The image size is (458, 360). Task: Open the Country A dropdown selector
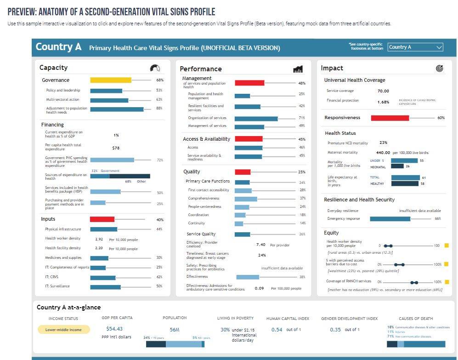pyautogui.click(x=415, y=47)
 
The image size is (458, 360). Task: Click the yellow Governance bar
pyautogui.click(x=110, y=80)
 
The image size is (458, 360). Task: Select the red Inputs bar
pyautogui.click(x=102, y=219)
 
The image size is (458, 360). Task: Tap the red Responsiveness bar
pyautogui.click(x=390, y=118)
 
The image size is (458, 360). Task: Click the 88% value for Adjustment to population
pyautogui.click(x=159, y=109)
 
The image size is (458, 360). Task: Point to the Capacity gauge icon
pyautogui.click(x=155, y=68)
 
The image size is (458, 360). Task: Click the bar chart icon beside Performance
pyautogui.click(x=298, y=69)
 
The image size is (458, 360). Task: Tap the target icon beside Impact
pyautogui.click(x=440, y=69)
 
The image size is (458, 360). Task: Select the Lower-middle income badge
pyautogui.click(x=64, y=330)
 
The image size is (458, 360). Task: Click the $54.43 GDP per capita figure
pyautogui.click(x=114, y=329)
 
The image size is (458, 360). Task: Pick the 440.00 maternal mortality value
pyautogui.click(x=383, y=153)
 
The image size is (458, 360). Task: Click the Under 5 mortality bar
pyautogui.click(x=404, y=160)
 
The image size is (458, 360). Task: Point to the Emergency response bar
pyautogui.click(x=390, y=219)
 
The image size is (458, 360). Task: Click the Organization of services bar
pyautogui.click(x=256, y=118)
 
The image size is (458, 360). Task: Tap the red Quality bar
pyautogui.click(x=243, y=172)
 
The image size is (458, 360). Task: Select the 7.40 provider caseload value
pyautogui.click(x=260, y=245)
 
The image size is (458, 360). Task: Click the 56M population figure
pyautogui.click(x=175, y=330)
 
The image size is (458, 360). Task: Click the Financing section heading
pyautogui.click(x=52, y=125)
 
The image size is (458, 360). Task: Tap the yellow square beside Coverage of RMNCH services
pyautogui.click(x=447, y=282)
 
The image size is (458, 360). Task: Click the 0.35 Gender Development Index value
pyautogui.click(x=335, y=330)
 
